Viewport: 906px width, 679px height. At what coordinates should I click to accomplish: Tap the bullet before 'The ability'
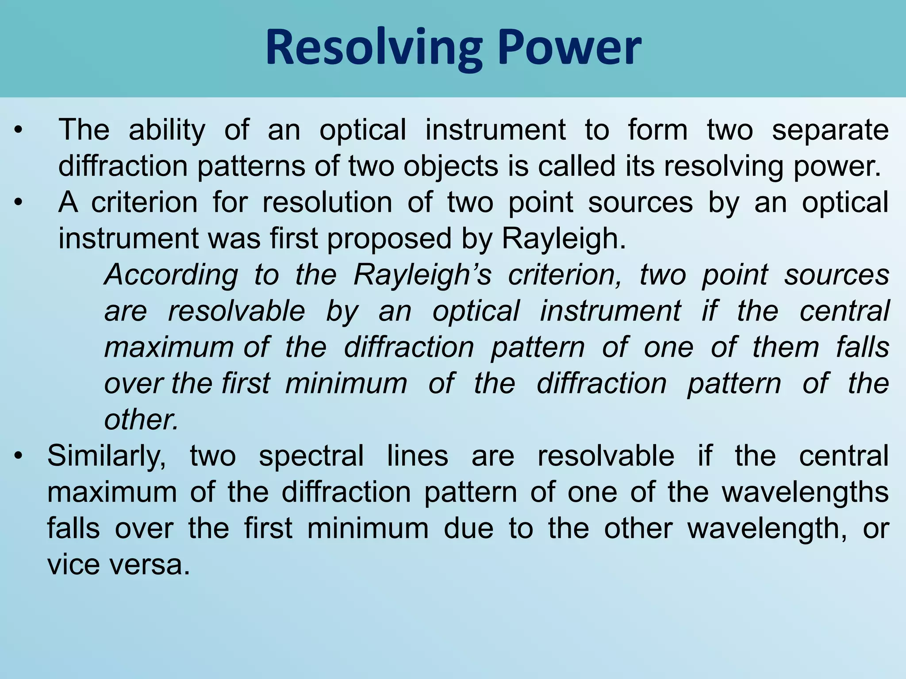tap(18, 130)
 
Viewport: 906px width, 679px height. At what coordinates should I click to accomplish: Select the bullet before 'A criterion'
tap(18, 203)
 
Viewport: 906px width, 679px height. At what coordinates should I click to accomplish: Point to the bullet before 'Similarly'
tap(18, 456)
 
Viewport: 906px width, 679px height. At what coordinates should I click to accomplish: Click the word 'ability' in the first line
tap(167, 130)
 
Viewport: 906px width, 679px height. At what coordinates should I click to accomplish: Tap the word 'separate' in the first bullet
tap(830, 130)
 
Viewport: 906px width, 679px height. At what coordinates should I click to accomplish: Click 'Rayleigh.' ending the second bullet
tap(564, 239)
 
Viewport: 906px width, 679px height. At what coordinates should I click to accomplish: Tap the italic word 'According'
tap(171, 275)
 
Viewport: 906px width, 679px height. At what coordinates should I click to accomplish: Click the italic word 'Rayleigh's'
tap(422, 275)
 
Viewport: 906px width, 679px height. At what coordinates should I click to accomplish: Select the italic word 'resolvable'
tap(236, 311)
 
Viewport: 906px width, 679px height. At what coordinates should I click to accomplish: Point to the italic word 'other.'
tap(141, 420)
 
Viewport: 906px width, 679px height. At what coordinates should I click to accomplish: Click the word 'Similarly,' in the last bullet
tap(107, 456)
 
